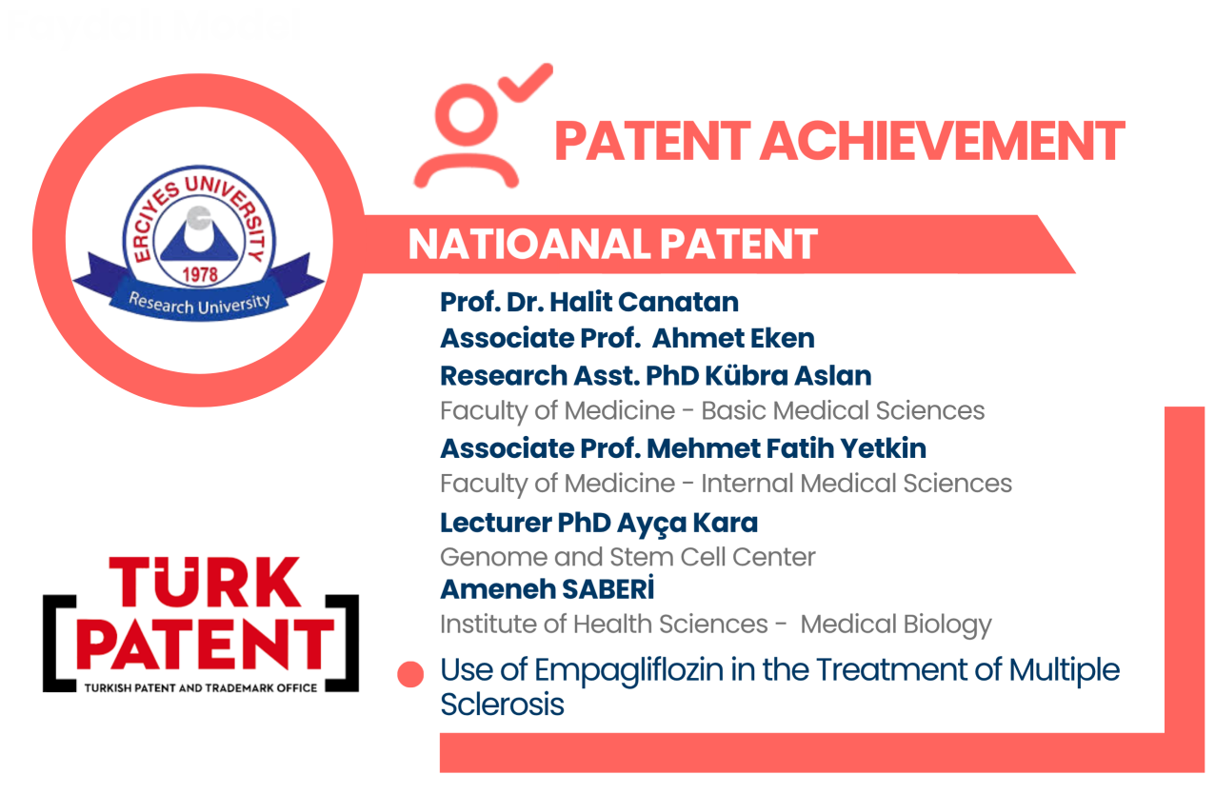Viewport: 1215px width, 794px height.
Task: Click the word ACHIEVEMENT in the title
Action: point(943,141)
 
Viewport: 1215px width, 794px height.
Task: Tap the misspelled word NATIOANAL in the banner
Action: point(528,244)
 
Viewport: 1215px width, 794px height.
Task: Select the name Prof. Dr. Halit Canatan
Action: point(589,302)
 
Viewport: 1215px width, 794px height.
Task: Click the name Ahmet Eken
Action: point(733,338)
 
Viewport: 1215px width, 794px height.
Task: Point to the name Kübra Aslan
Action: point(788,375)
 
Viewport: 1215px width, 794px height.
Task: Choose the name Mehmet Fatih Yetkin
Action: point(787,449)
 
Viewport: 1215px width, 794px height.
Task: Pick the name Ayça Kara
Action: point(687,524)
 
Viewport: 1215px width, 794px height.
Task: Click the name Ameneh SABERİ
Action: point(548,588)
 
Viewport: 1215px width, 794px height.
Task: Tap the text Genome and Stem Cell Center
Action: point(627,557)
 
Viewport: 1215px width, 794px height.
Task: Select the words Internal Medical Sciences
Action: point(856,484)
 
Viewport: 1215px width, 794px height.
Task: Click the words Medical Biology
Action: point(895,625)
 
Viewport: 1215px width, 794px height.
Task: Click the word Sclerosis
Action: point(502,705)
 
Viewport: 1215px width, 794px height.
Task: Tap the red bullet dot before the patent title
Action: point(410,674)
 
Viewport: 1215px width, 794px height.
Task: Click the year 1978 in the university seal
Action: point(200,274)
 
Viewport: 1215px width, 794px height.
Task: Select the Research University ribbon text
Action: point(199,304)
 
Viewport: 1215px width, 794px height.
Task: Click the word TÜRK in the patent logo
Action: point(205,583)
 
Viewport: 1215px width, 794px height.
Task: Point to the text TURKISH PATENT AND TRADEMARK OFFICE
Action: point(201,688)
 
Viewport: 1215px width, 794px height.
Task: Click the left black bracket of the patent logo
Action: point(59,644)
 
